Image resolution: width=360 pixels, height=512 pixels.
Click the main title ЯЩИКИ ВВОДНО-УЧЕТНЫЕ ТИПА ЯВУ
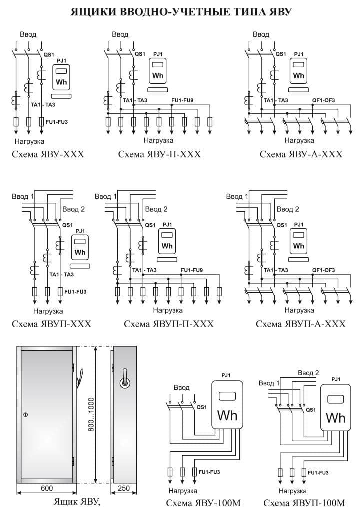(x=181, y=12)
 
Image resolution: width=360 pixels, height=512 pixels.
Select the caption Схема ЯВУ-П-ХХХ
(x=159, y=154)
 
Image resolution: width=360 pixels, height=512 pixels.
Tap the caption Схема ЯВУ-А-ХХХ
(x=301, y=154)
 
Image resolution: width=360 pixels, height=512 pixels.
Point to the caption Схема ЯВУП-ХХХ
(x=51, y=324)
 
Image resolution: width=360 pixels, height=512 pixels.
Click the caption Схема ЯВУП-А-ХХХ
(x=300, y=324)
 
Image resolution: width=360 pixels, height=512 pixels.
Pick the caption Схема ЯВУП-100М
(x=304, y=503)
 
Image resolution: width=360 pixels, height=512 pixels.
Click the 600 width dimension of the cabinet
(x=47, y=488)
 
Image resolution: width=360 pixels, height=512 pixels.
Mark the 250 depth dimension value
(x=123, y=488)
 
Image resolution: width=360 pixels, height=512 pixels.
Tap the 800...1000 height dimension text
(x=91, y=414)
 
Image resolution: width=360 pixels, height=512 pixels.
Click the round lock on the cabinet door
(x=26, y=414)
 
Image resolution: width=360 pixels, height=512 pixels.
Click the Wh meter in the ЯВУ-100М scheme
(x=227, y=404)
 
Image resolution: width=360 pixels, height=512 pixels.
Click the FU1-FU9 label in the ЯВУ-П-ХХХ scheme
(x=182, y=100)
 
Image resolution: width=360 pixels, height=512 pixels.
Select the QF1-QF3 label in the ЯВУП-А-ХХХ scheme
(x=323, y=270)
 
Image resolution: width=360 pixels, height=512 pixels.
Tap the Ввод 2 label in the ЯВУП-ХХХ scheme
(x=74, y=209)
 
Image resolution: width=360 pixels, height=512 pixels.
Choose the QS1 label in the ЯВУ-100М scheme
(x=202, y=407)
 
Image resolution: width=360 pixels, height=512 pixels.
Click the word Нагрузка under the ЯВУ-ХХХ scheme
(x=29, y=141)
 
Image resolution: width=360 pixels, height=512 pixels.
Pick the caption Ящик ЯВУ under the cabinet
(x=76, y=501)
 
